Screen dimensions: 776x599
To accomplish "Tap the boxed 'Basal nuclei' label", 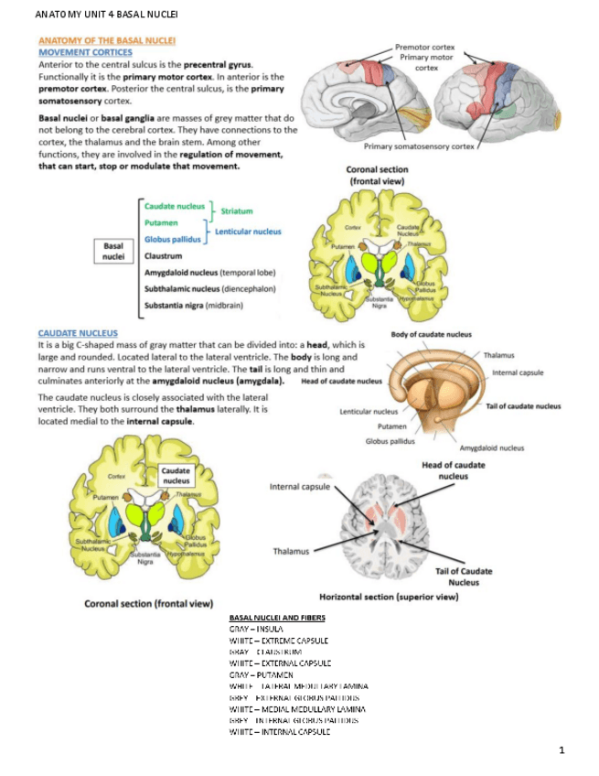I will pos(114,251).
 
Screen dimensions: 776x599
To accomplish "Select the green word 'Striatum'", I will pos(237,211).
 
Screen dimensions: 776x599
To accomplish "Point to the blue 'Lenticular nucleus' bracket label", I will pos(248,232).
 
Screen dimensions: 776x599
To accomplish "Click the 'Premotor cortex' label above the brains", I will pos(424,46).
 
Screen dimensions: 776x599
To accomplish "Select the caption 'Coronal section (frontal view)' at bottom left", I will pos(148,604).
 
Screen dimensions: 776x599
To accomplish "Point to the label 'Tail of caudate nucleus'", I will pos(522,406).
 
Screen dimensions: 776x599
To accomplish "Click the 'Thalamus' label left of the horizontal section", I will pos(291,551).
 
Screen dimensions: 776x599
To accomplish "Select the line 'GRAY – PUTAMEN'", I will pos(267,674).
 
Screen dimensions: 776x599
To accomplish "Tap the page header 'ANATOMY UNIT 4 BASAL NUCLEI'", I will pos(92,16).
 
